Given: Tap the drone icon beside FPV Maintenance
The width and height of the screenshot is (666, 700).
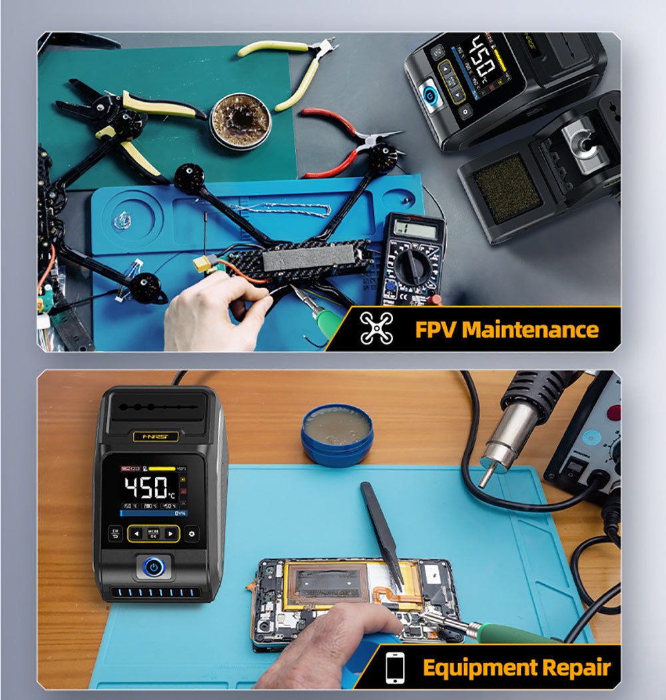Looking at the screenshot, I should coord(376,328).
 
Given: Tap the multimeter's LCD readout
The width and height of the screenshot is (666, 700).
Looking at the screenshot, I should coord(416,229).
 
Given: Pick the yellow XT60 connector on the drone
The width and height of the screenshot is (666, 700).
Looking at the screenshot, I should coord(204,264).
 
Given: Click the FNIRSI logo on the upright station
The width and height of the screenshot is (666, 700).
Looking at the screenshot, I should coord(152,436).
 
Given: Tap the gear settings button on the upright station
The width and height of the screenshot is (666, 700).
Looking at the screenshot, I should coord(192,533).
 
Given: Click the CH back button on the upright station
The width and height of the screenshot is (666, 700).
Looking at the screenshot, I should coord(115,533).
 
